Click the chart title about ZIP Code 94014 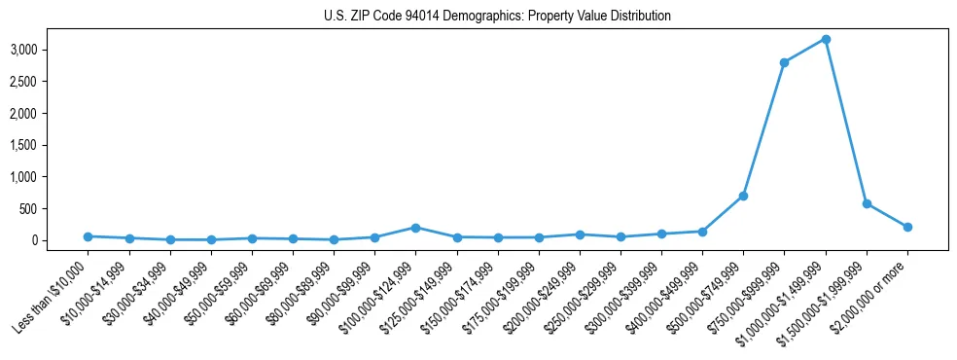497,17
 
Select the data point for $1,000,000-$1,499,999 825,39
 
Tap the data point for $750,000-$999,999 784,62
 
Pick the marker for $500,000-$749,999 743,196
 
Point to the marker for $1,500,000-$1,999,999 867,203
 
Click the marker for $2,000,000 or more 907,227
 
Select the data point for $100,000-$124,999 415,228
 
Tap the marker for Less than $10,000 88,236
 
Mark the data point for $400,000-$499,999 702,232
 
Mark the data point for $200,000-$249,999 580,234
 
